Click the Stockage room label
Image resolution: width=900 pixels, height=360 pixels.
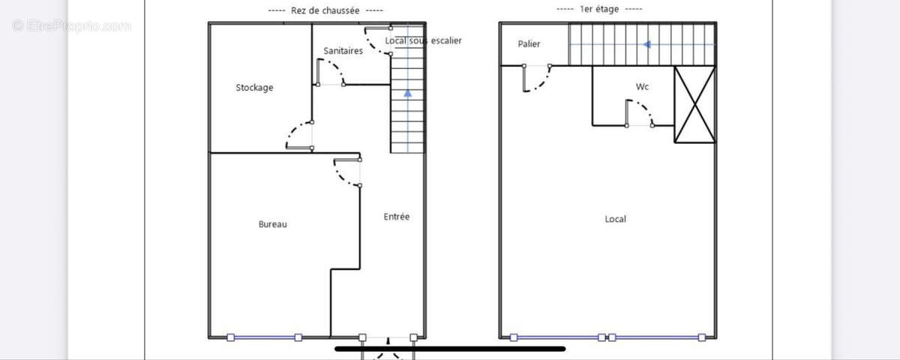254,88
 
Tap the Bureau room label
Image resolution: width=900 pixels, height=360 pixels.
273,224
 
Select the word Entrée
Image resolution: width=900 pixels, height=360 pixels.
397,217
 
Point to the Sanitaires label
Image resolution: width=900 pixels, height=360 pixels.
343,51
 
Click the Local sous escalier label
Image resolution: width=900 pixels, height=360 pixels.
423,40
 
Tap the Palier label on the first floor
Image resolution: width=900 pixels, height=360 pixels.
529,44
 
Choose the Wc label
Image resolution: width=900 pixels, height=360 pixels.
642,87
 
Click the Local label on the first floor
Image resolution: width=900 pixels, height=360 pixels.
615,219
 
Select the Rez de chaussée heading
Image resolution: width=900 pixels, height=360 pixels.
325,10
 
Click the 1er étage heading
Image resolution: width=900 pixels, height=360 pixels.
599,9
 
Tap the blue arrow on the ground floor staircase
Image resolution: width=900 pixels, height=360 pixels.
407,94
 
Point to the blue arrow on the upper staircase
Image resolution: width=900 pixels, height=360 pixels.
646,44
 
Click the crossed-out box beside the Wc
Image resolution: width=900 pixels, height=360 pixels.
694,104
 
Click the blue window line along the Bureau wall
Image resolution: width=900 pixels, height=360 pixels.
264,337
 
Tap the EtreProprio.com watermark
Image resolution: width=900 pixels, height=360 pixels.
71,26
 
